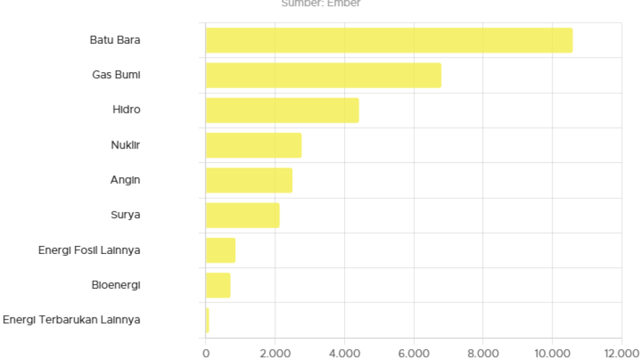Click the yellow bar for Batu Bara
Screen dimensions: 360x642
tap(389, 40)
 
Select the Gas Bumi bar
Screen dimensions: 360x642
tap(324, 75)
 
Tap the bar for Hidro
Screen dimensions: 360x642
tap(283, 110)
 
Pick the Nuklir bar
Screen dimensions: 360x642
tap(254, 145)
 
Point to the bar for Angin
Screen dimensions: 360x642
tap(249, 180)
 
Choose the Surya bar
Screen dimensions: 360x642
tap(243, 215)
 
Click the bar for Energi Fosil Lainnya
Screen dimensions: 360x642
tap(221, 250)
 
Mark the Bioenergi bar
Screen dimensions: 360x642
tap(218, 285)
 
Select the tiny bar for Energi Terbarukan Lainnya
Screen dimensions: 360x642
tap(208, 320)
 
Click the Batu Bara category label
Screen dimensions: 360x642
tap(115, 40)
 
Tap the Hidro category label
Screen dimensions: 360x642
tap(127, 109)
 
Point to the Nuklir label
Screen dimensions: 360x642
tap(126, 145)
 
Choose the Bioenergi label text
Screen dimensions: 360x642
tap(116, 285)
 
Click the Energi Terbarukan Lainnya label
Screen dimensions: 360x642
tap(72, 320)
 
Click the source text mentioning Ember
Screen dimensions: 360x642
tap(321, 3)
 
